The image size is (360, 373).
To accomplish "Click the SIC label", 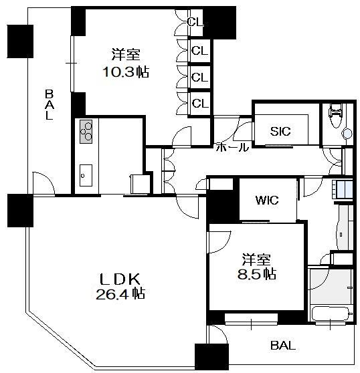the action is point(280,131).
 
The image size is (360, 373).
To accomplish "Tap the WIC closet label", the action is point(267,201).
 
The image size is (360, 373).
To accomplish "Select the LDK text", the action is point(120,279).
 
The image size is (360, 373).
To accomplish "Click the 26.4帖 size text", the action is point(120,293).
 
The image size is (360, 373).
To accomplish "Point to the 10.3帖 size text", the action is point(126,72).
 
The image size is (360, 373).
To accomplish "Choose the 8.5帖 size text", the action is point(257,273).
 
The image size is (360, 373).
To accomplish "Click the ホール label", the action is point(232,147).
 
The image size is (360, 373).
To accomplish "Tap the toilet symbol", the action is point(335,115).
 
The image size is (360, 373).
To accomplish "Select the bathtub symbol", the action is point(331,314).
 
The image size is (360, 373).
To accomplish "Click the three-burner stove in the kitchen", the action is point(86,132).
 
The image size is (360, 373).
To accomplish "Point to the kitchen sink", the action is point(86,176).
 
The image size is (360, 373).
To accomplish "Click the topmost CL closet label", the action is point(195,22).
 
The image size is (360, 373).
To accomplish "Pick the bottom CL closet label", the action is point(200,103).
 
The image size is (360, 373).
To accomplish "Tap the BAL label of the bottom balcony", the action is point(283,345).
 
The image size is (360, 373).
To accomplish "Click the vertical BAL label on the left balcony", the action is point(50,104).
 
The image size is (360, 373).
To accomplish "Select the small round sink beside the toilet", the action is point(347,134).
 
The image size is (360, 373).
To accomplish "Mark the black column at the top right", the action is point(219,23).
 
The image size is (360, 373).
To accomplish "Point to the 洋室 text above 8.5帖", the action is point(256,260).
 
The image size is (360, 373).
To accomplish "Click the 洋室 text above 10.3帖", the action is point(126,54).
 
